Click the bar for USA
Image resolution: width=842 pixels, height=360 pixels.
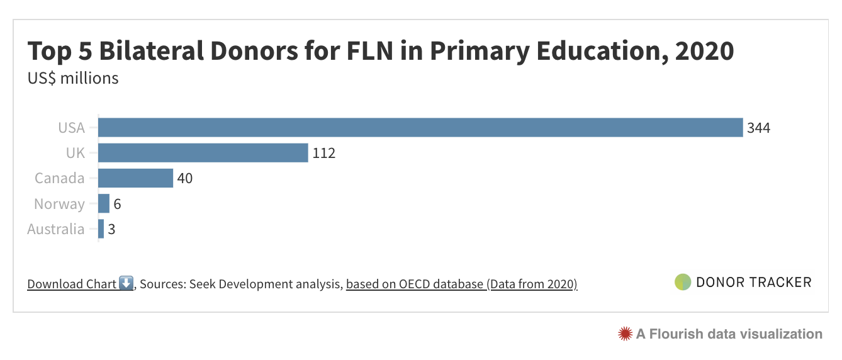point(420,128)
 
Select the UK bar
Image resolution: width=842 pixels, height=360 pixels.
point(203,153)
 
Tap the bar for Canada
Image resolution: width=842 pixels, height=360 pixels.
point(135,178)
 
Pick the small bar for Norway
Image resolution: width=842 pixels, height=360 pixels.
point(104,204)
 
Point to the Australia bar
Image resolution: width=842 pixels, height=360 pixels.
point(101,229)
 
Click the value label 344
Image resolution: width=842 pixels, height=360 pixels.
point(758,128)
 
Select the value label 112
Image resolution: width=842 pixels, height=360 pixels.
point(323,154)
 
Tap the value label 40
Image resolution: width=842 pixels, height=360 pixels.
point(184,179)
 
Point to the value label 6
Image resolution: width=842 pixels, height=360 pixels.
point(117,205)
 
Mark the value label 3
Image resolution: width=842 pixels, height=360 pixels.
point(111,230)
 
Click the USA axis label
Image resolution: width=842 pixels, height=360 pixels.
point(71,128)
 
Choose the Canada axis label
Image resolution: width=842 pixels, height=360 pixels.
point(59,178)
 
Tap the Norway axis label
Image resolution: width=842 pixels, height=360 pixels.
point(59,204)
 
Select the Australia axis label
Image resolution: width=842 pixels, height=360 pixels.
point(55,229)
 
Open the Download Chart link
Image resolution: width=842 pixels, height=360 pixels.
point(72,284)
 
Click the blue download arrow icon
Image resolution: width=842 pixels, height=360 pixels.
point(126,283)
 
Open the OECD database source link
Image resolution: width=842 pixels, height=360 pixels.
point(461,284)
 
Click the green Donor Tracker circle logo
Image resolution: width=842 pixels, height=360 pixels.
point(682,282)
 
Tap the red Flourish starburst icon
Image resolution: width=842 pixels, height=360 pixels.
point(624,334)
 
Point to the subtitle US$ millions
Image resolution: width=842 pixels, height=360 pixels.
point(73,78)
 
